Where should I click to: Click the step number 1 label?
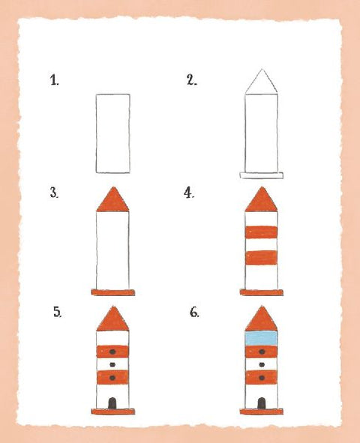click(54, 80)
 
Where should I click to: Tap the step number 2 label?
click(191, 80)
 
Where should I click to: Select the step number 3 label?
click(54, 193)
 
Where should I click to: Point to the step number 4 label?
click(189, 193)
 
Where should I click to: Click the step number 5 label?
click(57, 312)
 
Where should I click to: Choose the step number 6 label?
click(194, 312)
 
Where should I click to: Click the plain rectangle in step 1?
click(112, 133)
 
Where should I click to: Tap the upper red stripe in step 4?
click(262, 232)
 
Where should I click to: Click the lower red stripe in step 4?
click(262, 260)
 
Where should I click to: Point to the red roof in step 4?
click(262, 201)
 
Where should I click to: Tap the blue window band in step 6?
click(262, 339)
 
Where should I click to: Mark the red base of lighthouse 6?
click(262, 412)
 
